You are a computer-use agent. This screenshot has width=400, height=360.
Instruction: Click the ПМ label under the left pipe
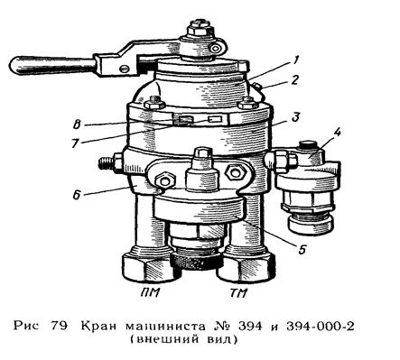click(x=144, y=291)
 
